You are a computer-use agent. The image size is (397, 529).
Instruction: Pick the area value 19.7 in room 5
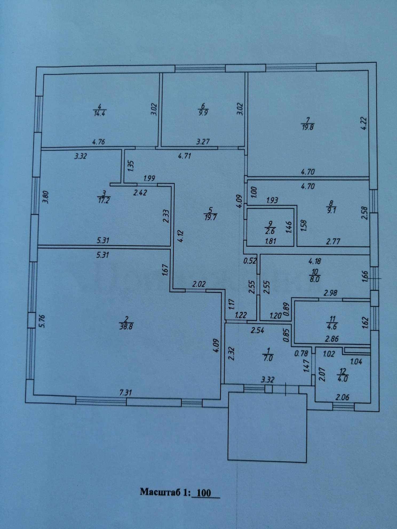coord(211,217)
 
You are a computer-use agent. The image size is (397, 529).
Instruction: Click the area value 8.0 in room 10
coord(315,280)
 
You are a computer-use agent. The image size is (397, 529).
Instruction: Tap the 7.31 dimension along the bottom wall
coord(126,392)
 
